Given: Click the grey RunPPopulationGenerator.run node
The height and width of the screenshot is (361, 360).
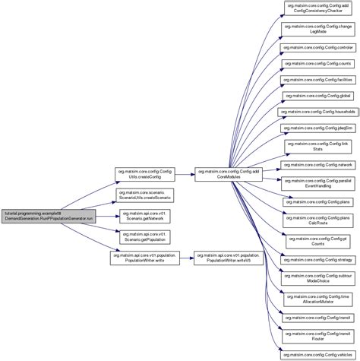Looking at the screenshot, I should [x=48, y=215].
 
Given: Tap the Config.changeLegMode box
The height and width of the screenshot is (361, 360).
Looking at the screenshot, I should [x=317, y=30].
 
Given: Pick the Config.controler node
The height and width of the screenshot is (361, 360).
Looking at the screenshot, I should [x=317, y=46].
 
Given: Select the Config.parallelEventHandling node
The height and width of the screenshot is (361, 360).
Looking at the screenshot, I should [x=317, y=182].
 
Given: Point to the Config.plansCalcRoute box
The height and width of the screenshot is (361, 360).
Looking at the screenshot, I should [x=317, y=220].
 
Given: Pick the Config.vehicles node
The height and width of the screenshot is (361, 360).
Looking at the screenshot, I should [x=317, y=351].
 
